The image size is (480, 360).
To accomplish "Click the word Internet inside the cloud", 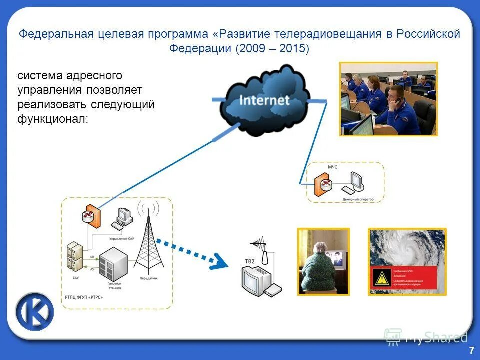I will point(264,100).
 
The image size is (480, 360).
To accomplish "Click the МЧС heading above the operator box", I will point(332,167).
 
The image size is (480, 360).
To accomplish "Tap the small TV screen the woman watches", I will point(338,259).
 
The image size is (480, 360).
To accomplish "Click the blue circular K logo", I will point(35,313).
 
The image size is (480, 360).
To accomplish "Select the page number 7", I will point(471,351).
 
